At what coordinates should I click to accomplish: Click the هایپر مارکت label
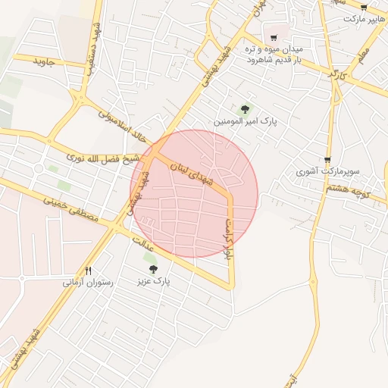(365, 18)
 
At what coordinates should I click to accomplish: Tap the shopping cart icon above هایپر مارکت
(364, 8)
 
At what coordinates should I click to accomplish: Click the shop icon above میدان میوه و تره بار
(274, 37)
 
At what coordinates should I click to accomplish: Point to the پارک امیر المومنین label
(245, 121)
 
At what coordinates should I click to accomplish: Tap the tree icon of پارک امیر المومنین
(244, 109)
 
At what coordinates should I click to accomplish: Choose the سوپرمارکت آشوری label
(327, 172)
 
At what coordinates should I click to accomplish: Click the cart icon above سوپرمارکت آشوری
(327, 160)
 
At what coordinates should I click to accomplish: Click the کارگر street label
(337, 74)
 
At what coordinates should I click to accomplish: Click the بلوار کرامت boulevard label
(228, 239)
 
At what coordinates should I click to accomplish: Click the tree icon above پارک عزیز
(153, 269)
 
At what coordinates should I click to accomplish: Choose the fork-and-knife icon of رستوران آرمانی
(89, 271)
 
